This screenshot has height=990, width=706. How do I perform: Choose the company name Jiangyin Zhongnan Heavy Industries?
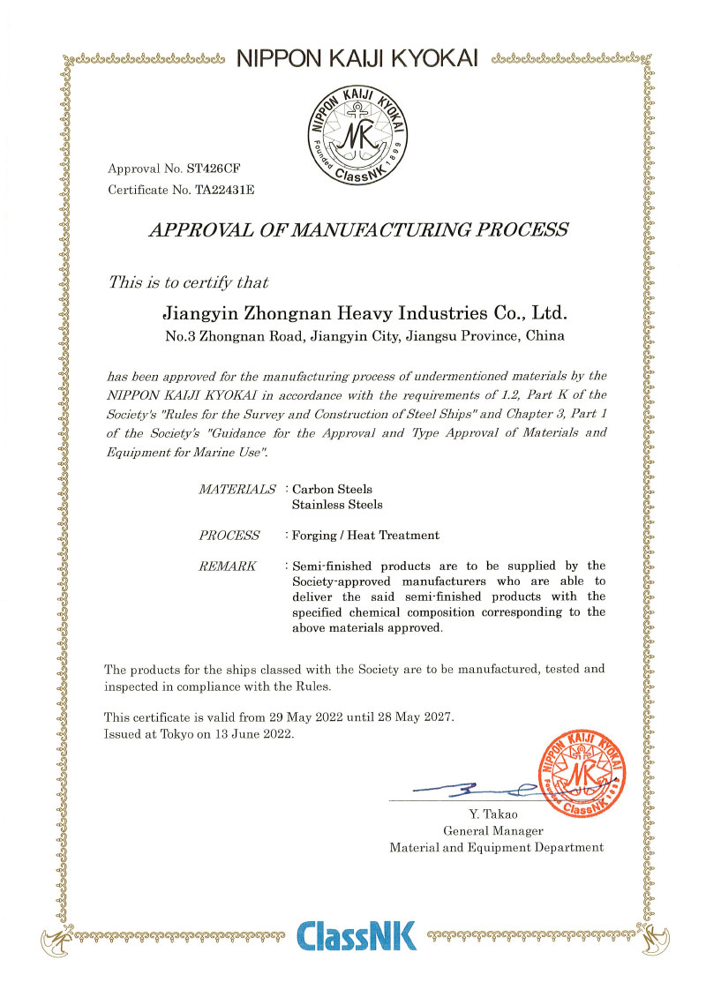tap(364, 313)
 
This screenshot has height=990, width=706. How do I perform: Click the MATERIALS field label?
tap(237, 489)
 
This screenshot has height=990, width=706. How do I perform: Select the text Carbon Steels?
tap(332, 489)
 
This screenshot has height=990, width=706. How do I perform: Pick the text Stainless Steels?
tap(337, 505)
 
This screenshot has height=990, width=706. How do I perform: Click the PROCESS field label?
tap(229, 535)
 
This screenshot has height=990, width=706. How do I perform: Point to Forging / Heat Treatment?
tap(365, 535)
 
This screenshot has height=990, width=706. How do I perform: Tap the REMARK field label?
tap(227, 566)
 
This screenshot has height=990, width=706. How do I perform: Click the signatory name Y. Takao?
tap(492, 814)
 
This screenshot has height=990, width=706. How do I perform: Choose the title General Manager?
tap(492, 830)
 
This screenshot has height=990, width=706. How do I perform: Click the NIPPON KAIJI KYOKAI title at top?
tap(357, 59)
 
